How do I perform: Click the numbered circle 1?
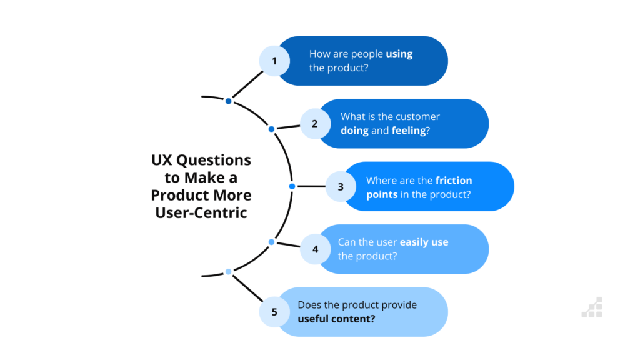[x=274, y=61]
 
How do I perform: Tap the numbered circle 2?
[x=315, y=124]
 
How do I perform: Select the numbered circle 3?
[x=341, y=186]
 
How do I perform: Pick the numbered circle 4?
[x=315, y=249]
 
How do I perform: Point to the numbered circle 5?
[x=274, y=312]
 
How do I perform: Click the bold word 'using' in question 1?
[x=399, y=54]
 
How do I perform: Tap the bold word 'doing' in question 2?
[x=355, y=131]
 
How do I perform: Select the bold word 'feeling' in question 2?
[x=409, y=131]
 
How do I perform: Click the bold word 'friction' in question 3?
[x=454, y=181]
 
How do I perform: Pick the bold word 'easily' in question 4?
[x=414, y=242]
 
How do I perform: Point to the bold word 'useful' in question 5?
[x=313, y=319]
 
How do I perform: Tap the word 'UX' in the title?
[x=162, y=160]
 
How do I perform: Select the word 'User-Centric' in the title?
[x=201, y=212]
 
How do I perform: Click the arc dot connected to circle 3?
[x=292, y=186]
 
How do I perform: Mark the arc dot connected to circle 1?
[x=229, y=101]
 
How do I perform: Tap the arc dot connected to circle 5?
[x=229, y=272]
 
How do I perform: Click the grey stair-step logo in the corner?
[x=592, y=307]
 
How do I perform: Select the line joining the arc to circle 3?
[x=311, y=186]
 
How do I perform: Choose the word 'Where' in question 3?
[x=379, y=181]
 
